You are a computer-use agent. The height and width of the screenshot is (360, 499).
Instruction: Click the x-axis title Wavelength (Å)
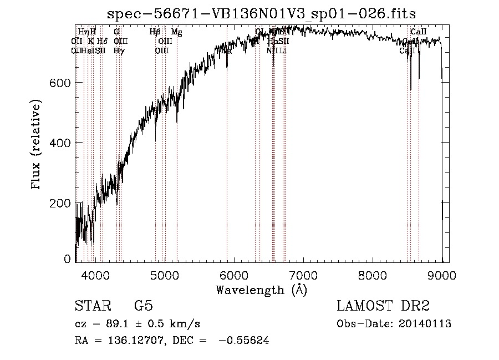(261, 290)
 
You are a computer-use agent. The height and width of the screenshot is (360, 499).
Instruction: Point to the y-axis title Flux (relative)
(37, 145)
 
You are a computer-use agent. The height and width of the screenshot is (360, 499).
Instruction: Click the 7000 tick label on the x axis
(303, 275)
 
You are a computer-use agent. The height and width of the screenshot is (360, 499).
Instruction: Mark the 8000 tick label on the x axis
(373, 275)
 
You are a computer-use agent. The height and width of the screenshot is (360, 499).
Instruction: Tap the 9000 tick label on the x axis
(442, 275)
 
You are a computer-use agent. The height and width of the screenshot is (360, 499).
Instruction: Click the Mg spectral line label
(176, 32)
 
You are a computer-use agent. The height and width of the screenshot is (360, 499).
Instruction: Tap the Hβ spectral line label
(155, 32)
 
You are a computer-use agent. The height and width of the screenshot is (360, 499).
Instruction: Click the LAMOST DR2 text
(383, 306)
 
